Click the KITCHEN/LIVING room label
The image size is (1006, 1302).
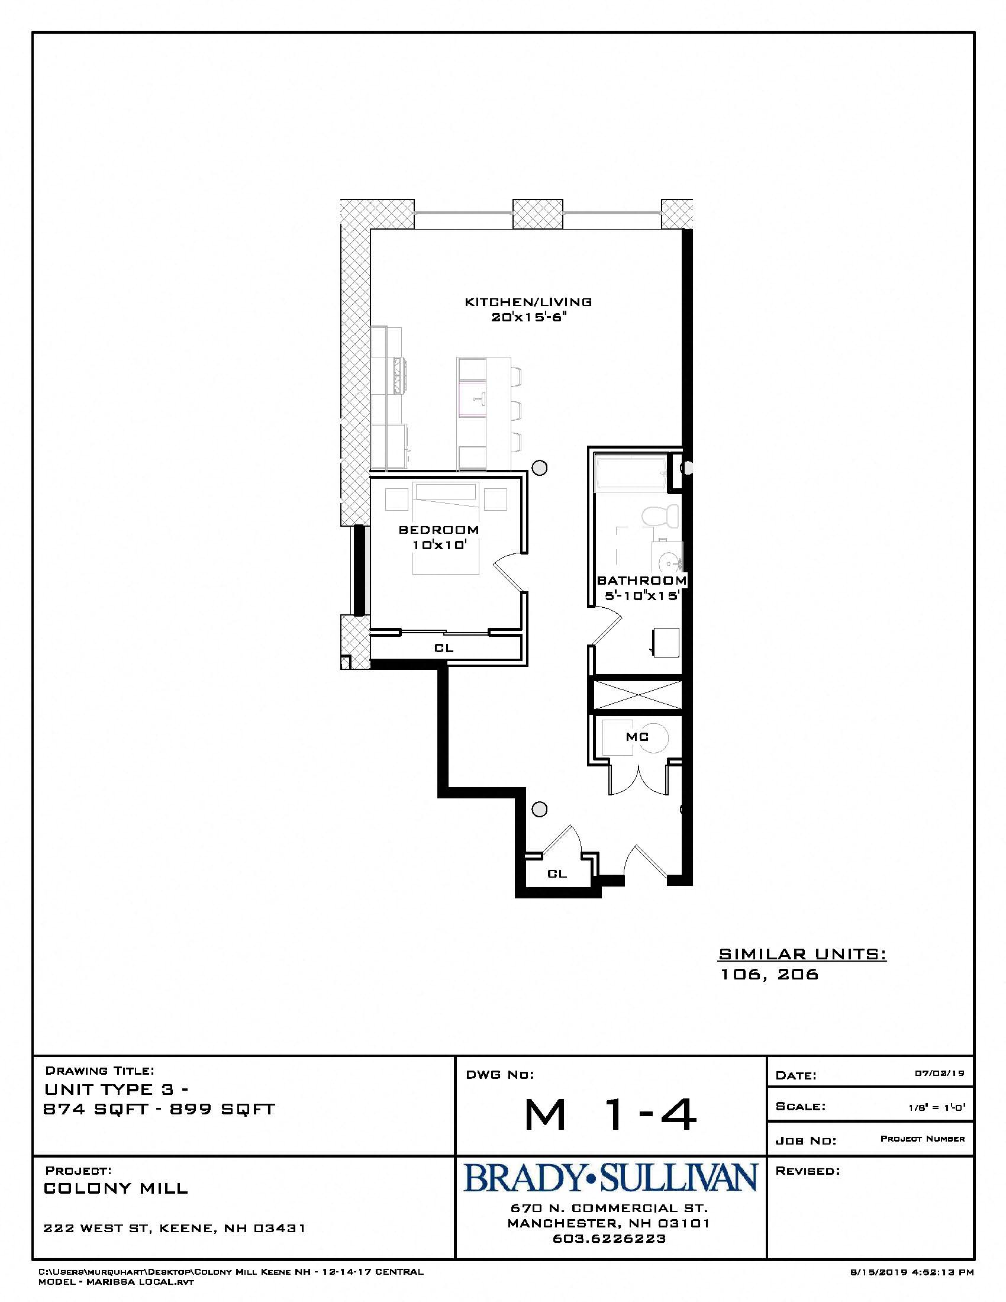(528, 302)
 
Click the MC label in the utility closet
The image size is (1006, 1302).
(637, 737)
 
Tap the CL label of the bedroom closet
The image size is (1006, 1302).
(444, 648)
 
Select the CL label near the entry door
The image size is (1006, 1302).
(557, 874)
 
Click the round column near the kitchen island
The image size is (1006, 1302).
(539, 468)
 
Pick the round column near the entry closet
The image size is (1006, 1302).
(539, 809)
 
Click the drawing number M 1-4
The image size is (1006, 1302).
(610, 1115)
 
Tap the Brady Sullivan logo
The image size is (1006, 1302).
(610, 1178)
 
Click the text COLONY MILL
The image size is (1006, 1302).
(116, 1188)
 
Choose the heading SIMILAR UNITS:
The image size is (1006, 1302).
(802, 954)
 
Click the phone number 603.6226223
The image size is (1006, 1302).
(609, 1239)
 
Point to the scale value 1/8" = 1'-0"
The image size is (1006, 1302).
(936, 1107)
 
